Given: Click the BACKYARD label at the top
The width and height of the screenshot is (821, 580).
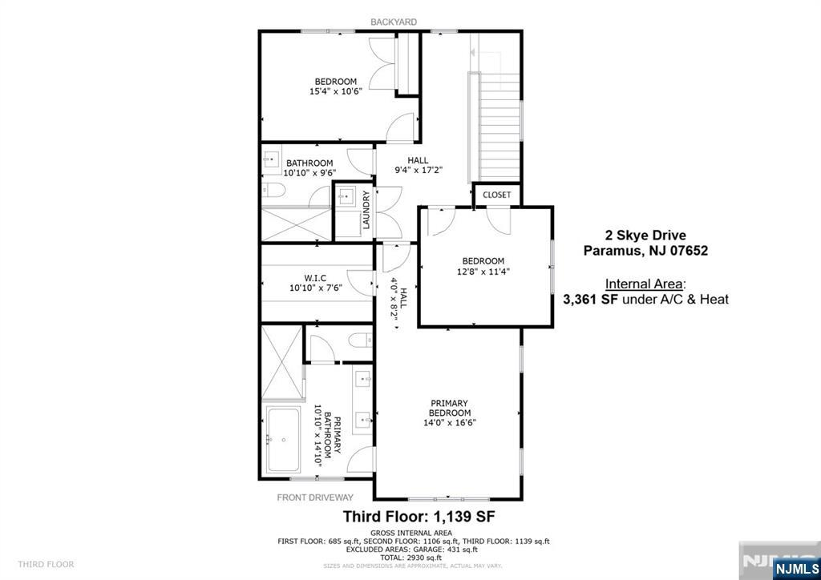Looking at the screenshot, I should (393, 22).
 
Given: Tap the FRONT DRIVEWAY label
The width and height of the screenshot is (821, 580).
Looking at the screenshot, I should (315, 497).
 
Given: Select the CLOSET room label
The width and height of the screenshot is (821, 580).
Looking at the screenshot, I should (497, 195).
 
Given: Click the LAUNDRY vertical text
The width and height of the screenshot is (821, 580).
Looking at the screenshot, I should (366, 211).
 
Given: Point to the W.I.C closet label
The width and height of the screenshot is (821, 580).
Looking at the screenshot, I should (315, 277).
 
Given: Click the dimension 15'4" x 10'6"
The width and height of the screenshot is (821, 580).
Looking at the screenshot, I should (336, 91).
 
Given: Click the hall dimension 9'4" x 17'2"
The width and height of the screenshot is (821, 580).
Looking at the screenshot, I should (418, 170).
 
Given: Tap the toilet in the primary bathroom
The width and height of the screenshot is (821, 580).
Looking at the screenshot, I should (359, 340).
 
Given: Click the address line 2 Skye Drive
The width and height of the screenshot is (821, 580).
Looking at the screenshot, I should (645, 236).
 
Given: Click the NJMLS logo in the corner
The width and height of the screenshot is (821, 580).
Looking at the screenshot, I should (790, 567).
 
